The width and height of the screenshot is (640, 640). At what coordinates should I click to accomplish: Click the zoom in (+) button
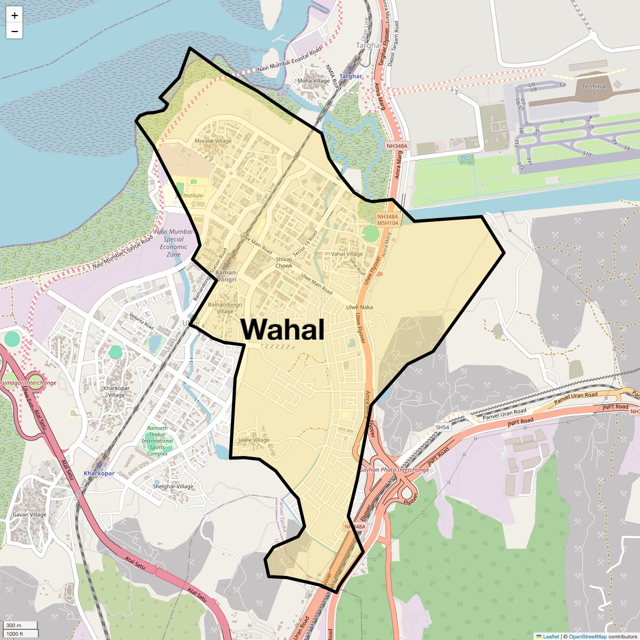(x=14, y=15)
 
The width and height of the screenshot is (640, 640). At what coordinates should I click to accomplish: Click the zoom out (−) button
(x=14, y=31)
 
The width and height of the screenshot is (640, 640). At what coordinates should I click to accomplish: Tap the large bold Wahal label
(x=283, y=329)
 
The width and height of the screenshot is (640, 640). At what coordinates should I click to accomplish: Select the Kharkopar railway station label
(x=99, y=473)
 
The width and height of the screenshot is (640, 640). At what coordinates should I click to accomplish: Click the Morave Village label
(x=213, y=141)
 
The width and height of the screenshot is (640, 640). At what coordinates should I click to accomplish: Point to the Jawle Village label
(x=254, y=440)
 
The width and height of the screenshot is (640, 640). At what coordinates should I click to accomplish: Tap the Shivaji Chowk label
(x=284, y=262)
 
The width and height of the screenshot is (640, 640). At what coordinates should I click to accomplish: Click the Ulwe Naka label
(x=359, y=307)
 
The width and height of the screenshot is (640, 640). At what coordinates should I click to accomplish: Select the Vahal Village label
(x=347, y=254)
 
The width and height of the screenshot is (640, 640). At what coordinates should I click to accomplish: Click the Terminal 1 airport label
(x=594, y=89)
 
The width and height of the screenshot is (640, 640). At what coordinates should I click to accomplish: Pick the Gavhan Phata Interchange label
(x=394, y=470)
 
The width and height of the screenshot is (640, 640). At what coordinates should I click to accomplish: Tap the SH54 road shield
(x=442, y=427)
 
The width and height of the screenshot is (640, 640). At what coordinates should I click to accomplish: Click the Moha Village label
(x=314, y=81)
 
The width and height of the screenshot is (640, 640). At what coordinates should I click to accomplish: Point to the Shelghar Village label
(x=173, y=486)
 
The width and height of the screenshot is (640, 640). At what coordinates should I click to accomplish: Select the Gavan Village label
(x=29, y=515)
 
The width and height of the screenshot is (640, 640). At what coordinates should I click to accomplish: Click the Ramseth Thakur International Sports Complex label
(x=157, y=441)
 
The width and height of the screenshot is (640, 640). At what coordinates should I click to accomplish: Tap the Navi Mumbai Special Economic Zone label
(x=173, y=243)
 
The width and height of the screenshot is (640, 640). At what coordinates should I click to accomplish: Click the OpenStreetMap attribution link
(x=587, y=636)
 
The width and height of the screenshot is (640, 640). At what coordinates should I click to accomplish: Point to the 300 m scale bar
(x=20, y=625)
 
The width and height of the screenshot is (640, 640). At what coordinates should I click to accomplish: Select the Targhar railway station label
(x=350, y=76)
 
